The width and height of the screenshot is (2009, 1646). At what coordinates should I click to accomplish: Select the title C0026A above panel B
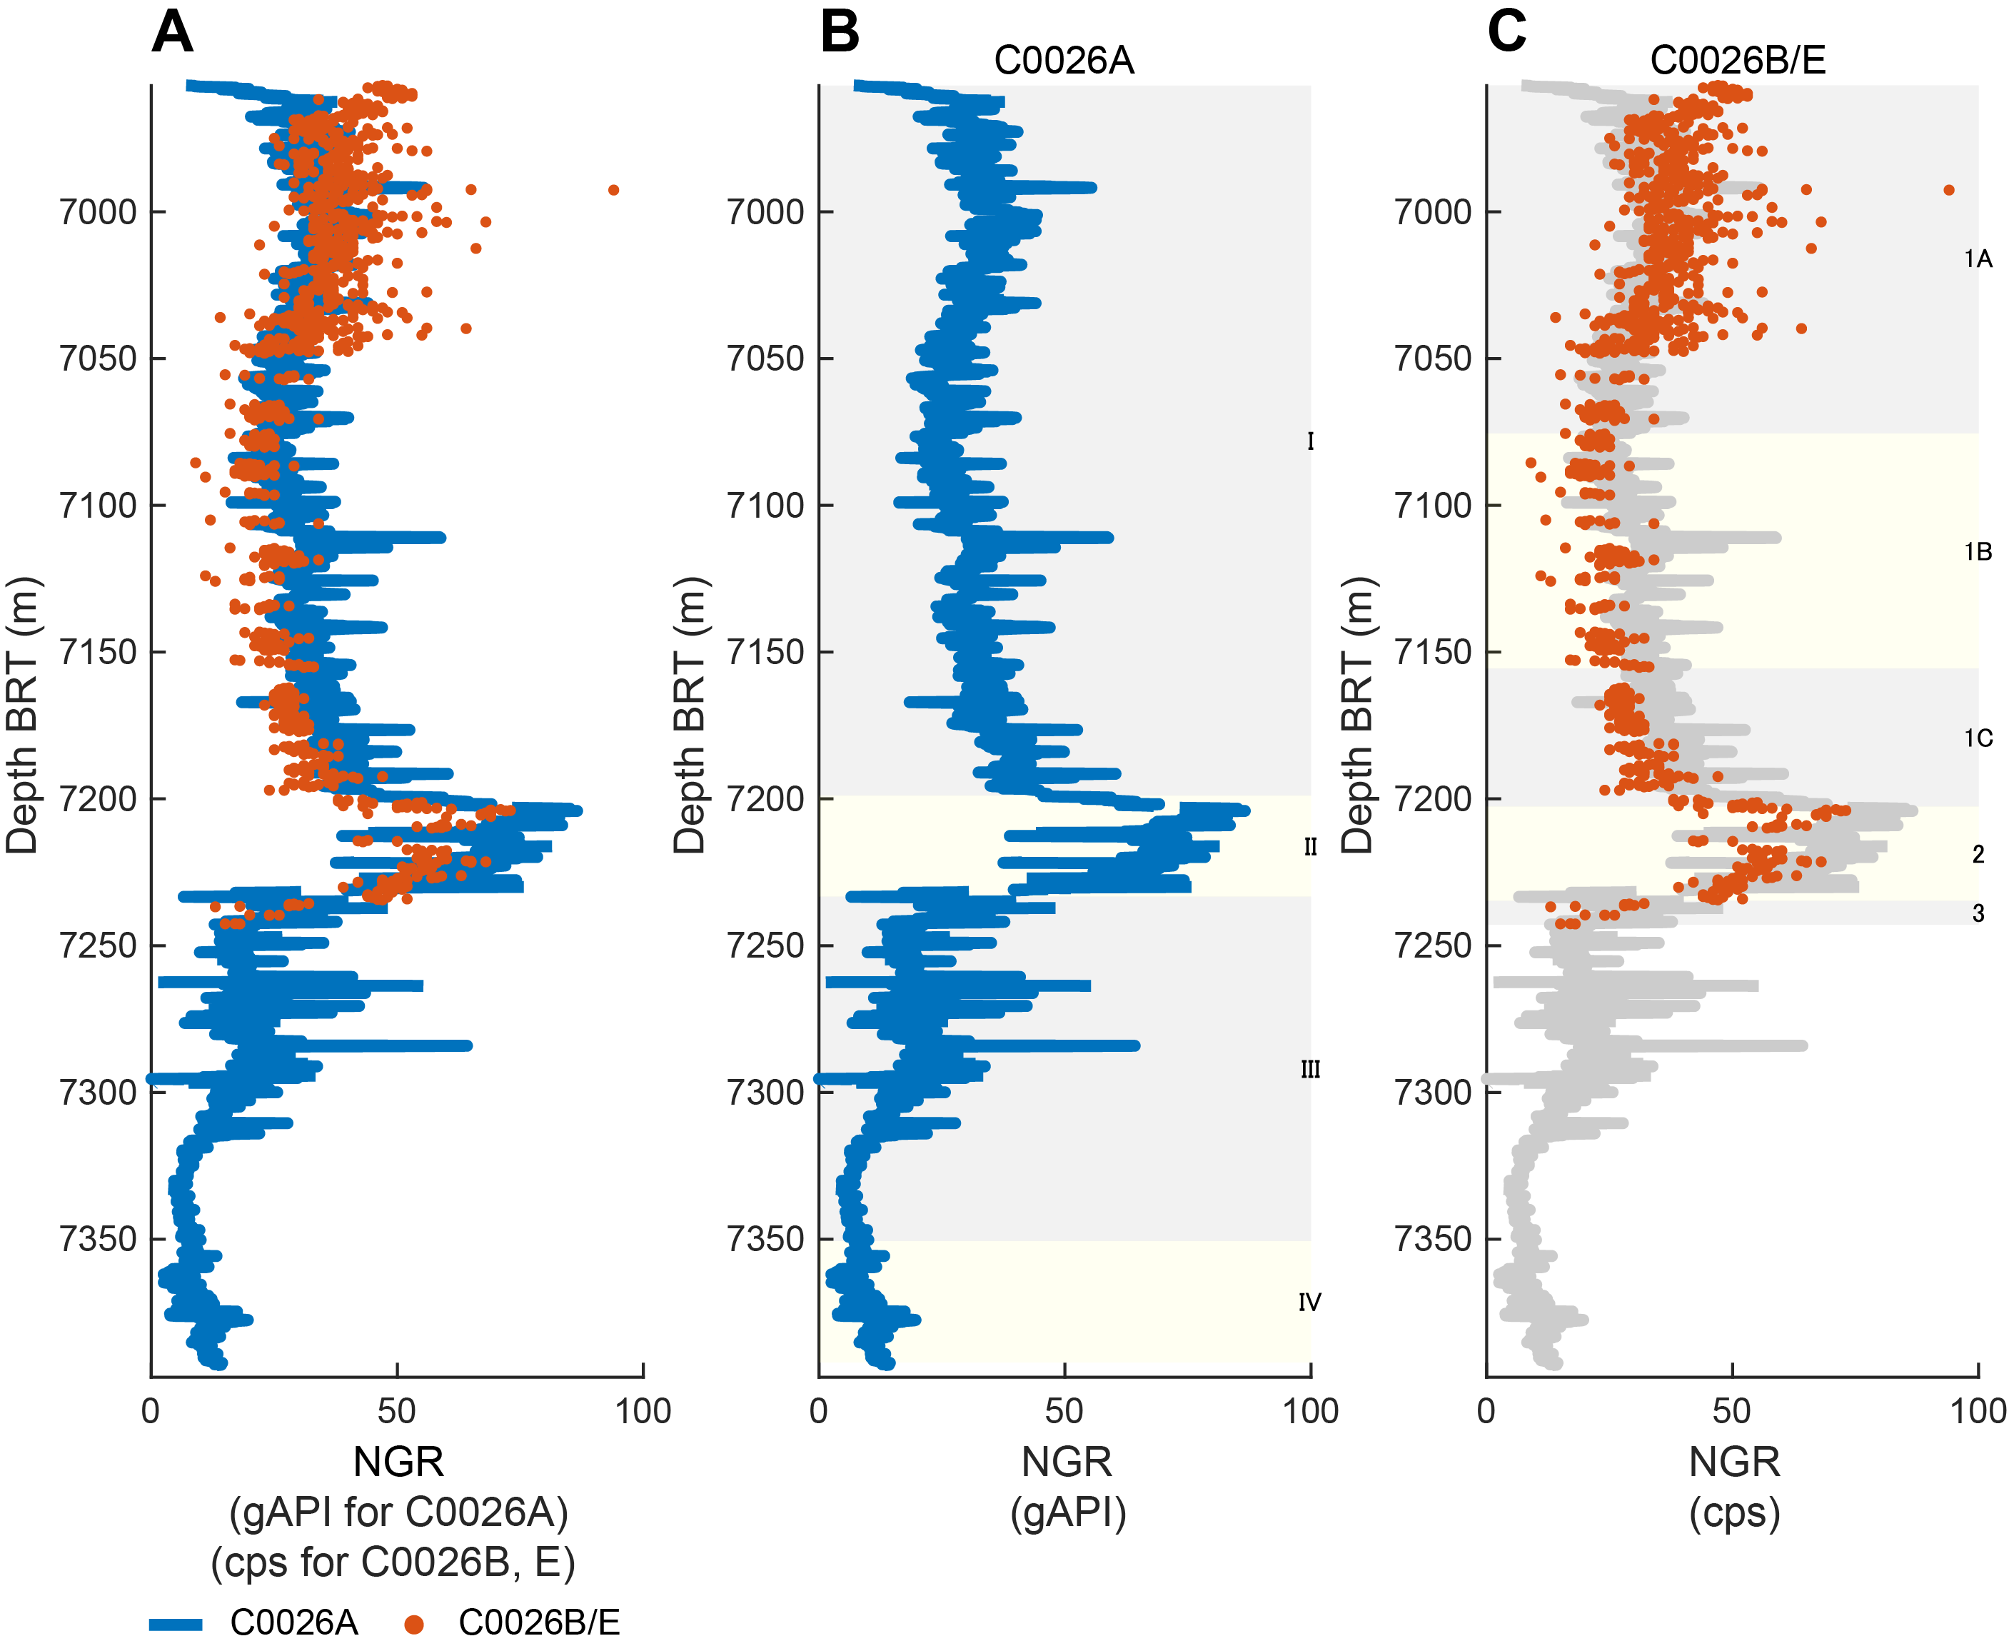click(1064, 61)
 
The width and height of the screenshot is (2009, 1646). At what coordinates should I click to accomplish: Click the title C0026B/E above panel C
click(1737, 61)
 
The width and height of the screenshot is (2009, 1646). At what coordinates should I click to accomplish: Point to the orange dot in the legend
click(413, 1624)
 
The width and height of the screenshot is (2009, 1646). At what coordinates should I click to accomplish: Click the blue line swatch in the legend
click(176, 1624)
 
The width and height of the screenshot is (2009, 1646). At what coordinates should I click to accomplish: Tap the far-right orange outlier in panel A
click(613, 190)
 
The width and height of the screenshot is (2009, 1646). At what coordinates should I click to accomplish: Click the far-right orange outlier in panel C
click(1949, 190)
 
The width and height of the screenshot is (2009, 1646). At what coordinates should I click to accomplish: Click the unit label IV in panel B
click(1309, 1302)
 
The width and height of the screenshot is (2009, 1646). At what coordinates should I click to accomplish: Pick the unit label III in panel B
click(1310, 1070)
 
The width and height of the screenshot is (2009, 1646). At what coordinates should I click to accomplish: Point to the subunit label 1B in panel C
click(1978, 552)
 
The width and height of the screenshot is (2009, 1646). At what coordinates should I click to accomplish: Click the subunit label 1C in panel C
click(1978, 738)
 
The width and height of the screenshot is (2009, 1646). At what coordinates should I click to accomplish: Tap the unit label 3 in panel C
click(1978, 913)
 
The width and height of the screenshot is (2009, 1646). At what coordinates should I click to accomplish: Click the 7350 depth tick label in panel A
click(98, 1239)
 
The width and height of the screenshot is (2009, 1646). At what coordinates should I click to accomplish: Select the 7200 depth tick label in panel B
click(765, 799)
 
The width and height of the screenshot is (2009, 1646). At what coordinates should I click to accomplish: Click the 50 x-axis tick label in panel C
click(1731, 1411)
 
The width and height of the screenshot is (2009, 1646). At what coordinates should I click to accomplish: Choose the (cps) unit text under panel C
click(1734, 1514)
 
